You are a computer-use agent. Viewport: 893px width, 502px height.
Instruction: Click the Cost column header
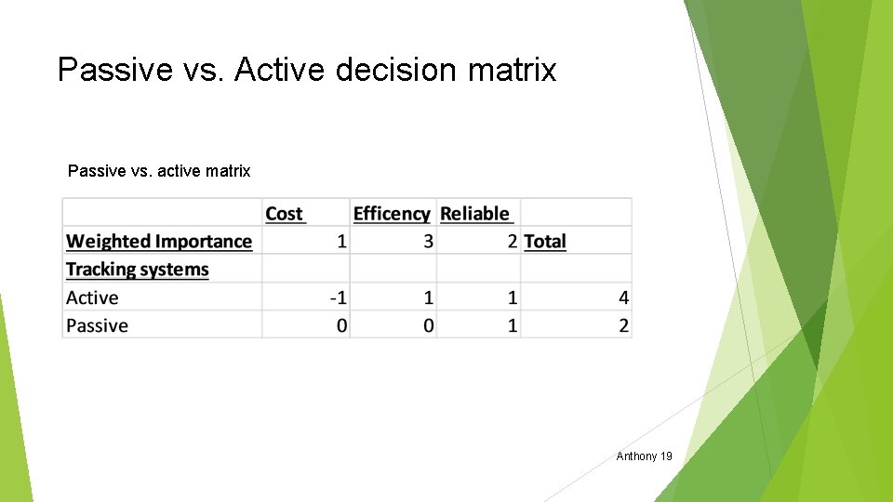coord(285,214)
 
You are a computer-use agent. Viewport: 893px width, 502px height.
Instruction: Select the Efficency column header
coord(392,214)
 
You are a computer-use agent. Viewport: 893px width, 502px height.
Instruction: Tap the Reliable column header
coord(475,214)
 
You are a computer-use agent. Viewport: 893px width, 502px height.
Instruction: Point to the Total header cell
coord(545,242)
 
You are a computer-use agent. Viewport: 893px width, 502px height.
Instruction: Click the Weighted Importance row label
coord(159,242)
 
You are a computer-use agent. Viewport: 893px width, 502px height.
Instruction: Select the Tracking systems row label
coord(138,270)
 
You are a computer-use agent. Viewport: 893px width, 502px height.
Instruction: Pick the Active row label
coord(92,297)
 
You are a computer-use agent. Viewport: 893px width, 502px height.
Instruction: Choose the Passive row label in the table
coord(97,325)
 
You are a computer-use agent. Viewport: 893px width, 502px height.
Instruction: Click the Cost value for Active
coord(339,297)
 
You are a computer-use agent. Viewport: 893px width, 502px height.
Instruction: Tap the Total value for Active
coord(623,297)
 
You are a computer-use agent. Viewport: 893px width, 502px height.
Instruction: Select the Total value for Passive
coord(623,325)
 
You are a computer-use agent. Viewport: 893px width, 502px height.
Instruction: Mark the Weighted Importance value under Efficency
coord(428,242)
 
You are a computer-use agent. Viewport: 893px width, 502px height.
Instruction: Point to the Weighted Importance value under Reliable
coord(513,242)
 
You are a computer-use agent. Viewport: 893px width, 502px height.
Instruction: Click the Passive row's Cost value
coord(342,325)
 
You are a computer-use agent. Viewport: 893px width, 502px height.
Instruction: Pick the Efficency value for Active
coord(428,297)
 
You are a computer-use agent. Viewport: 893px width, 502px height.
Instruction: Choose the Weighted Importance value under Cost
coord(342,242)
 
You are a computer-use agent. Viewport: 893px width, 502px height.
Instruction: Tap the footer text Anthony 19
coord(644,456)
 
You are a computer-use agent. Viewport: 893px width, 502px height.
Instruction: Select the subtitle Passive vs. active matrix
coord(159,171)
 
